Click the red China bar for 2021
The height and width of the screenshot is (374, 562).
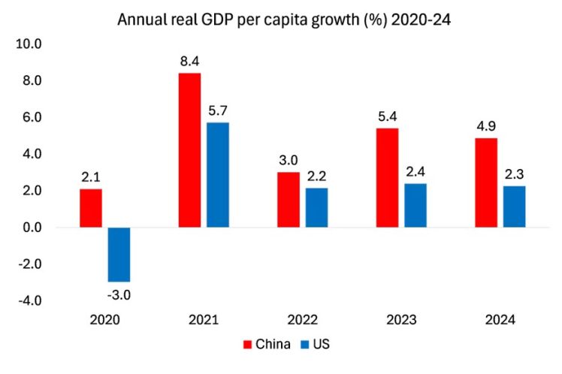pos(189,150)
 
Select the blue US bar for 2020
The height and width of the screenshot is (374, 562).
pos(119,255)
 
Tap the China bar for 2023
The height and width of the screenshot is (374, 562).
pos(388,178)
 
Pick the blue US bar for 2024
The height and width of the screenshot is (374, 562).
pos(514,207)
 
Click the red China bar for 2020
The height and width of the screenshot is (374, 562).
pos(90,208)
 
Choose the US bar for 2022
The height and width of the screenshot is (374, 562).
pos(316,207)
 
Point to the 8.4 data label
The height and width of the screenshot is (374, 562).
pos(189,61)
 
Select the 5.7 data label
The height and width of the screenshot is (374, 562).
pos(218,110)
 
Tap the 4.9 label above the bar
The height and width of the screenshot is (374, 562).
pos(485,125)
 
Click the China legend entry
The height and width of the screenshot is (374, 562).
pos(264,345)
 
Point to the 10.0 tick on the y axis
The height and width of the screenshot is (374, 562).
pos(29,44)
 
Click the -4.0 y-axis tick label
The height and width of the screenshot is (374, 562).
pos(30,301)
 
